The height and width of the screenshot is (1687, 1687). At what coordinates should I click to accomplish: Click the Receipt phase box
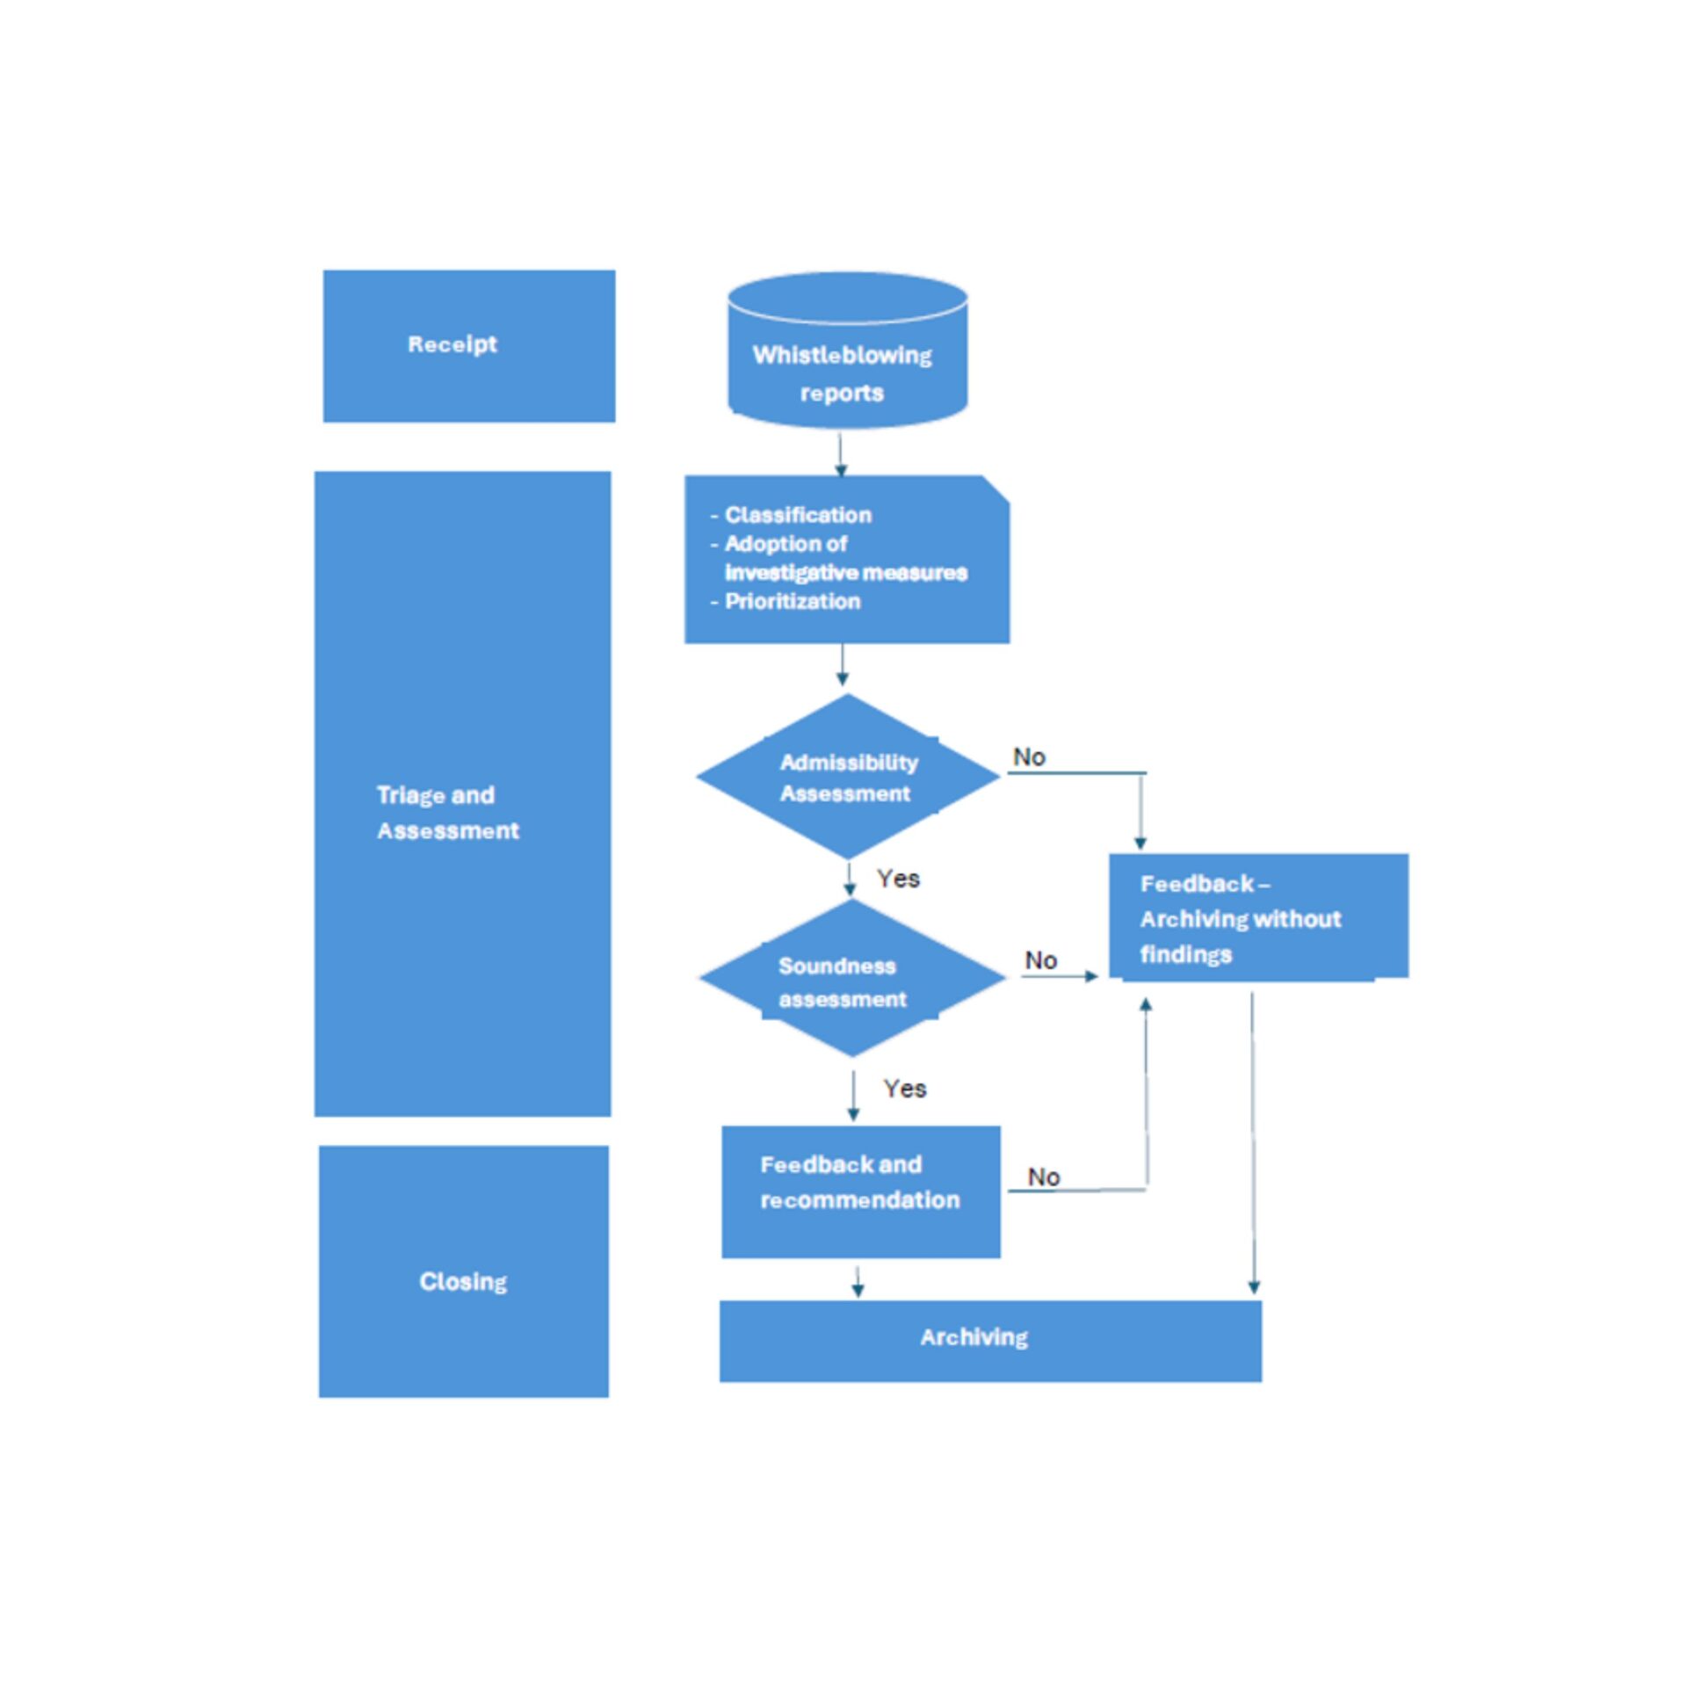click(x=468, y=345)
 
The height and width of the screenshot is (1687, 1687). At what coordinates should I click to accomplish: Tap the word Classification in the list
click(x=798, y=515)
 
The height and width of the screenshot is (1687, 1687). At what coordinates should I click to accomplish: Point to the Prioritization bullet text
click(x=792, y=602)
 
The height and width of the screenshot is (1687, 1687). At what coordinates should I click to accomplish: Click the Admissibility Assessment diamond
click(x=848, y=777)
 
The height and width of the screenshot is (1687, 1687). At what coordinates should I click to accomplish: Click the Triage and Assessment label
click(x=447, y=813)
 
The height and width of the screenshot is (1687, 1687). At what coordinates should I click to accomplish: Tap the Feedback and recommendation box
click(x=859, y=1190)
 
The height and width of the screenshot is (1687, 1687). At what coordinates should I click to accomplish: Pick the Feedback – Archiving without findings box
click(x=1256, y=917)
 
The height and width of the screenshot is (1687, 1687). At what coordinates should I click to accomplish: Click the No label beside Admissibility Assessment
click(x=1029, y=757)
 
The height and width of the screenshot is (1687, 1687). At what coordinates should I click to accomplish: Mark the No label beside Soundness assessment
click(x=1040, y=960)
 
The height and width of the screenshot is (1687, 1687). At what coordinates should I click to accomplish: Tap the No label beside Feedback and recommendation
click(x=1044, y=1177)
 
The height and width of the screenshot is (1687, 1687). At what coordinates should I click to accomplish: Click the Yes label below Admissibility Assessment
click(x=898, y=879)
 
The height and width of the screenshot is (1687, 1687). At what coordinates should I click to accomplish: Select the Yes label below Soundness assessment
click(x=904, y=1089)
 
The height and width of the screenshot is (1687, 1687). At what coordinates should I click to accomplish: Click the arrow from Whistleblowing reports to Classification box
click(x=841, y=453)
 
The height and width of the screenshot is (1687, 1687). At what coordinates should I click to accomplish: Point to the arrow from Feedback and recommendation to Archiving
click(x=858, y=1281)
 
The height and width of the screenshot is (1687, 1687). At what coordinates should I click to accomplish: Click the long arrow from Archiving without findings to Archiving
click(x=1253, y=1142)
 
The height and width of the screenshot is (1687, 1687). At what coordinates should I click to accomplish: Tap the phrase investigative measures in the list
click(x=845, y=573)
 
